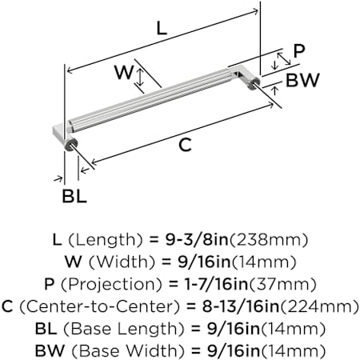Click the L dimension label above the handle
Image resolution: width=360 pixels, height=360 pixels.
point(162,29)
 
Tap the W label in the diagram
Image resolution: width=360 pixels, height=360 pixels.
point(124,72)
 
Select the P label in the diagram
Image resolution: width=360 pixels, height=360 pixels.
point(298,50)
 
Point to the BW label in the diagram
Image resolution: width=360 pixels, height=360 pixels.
point(302,80)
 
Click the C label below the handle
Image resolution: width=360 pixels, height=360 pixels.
point(185,145)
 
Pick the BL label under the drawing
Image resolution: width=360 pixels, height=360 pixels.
point(74,196)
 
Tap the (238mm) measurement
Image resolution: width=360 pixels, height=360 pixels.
point(269,239)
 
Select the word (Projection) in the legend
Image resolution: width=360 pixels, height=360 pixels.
point(111,284)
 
